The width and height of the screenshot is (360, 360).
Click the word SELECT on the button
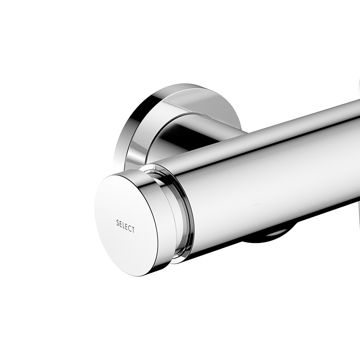pos(125,226)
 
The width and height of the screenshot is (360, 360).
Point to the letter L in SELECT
pos(124,225)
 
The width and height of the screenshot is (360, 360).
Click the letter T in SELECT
pos(133,230)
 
